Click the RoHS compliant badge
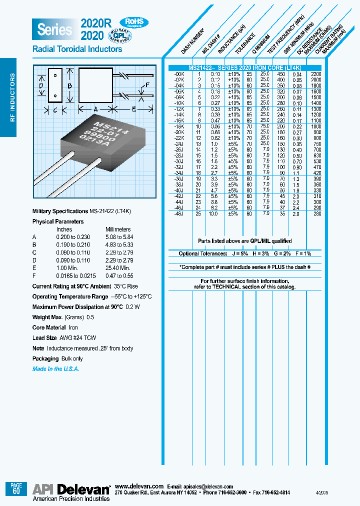pos(133,22)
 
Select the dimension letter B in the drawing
pos(70,85)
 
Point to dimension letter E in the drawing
pos(133,108)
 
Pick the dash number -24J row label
pos(178,143)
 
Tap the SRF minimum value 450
pos(281,74)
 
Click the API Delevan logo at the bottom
pos(71,489)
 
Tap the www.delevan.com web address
pos(139,486)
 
